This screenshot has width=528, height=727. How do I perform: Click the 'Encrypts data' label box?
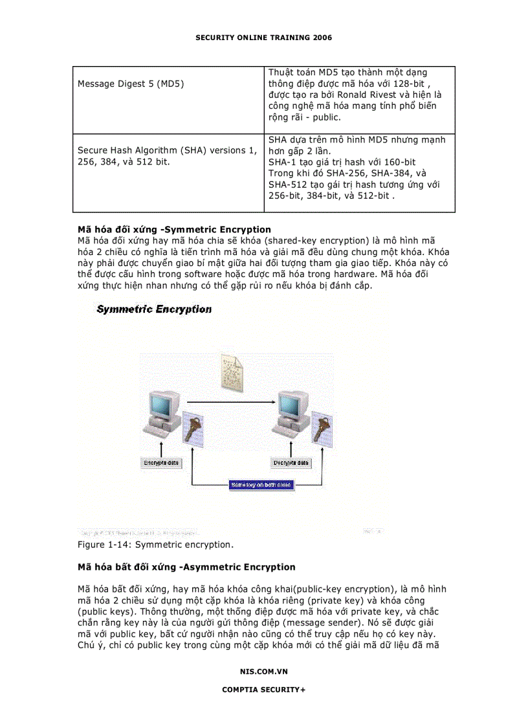[x=161, y=463]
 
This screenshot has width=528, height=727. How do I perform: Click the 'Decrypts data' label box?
[x=291, y=463]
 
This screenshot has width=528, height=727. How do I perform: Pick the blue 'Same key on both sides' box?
[x=261, y=485]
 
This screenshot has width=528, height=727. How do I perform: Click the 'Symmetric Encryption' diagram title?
[x=154, y=309]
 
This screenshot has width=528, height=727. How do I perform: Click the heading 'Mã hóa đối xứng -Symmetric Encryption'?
[x=174, y=230]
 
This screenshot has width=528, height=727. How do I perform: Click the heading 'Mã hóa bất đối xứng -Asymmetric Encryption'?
[x=186, y=567]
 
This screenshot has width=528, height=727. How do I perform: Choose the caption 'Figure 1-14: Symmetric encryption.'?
[x=155, y=545]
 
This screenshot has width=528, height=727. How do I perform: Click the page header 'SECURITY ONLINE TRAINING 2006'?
[x=263, y=38]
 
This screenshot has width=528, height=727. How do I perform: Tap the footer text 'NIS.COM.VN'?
[x=263, y=671]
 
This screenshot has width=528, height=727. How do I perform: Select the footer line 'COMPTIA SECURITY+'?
[x=263, y=689]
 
